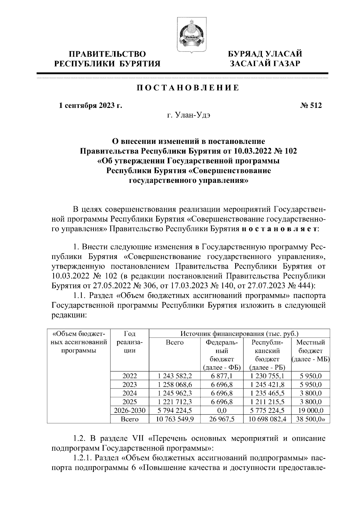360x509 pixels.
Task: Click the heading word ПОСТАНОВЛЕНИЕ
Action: (188, 88)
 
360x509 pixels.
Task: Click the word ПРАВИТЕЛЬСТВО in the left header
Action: (107, 54)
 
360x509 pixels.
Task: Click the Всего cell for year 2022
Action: (175, 376)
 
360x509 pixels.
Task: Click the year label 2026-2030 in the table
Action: (130, 411)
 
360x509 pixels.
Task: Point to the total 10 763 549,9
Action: (175, 419)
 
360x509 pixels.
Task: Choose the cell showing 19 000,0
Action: (310, 411)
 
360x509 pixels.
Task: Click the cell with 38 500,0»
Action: (310, 419)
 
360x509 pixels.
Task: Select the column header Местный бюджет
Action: (310, 351)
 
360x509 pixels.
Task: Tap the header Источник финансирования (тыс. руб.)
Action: (239, 333)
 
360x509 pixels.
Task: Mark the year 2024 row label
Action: (130, 393)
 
